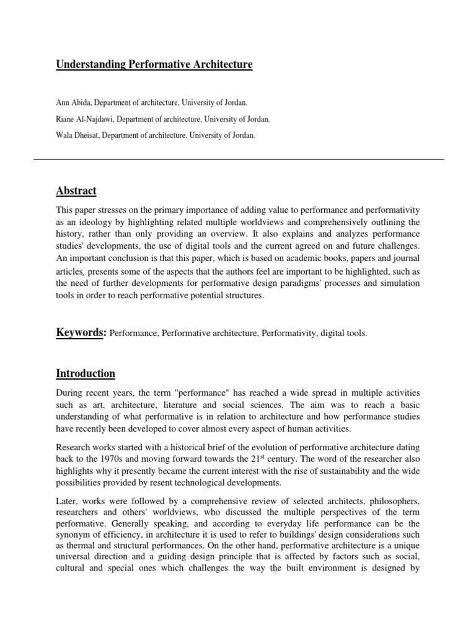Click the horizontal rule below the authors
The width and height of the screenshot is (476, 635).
tap(238, 159)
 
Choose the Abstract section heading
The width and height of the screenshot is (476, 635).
tap(76, 190)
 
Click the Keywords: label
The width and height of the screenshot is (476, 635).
tap(81, 333)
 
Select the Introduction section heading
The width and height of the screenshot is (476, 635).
tap(86, 373)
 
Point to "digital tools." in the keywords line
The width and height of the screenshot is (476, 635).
tap(344, 334)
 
